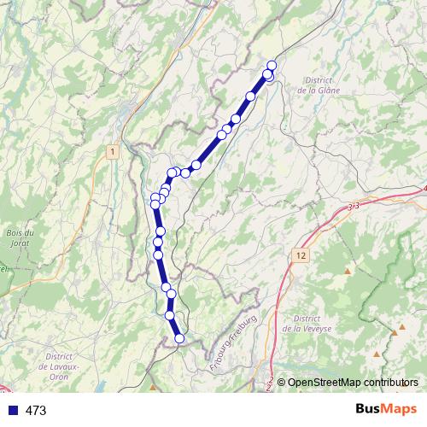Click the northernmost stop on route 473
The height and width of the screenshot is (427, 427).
[272, 66]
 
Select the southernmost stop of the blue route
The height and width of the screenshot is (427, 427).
[179, 338]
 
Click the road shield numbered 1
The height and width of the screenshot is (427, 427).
[111, 151]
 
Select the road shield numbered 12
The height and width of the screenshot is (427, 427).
[301, 255]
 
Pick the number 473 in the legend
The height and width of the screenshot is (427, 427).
[37, 411]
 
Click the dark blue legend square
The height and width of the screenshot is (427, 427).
[12, 411]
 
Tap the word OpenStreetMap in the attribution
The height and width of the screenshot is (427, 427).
[321, 383]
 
